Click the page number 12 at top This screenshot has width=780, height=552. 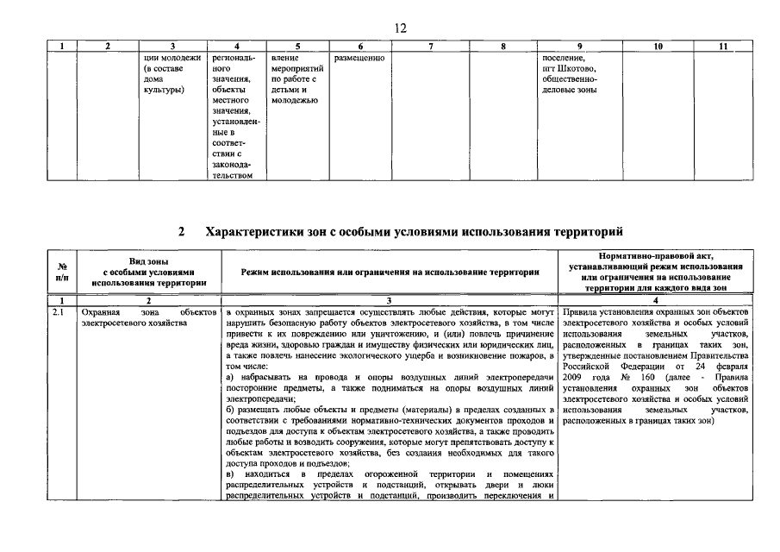tap(399, 28)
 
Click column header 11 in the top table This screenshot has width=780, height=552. tap(723, 46)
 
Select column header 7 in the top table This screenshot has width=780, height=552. tap(430, 46)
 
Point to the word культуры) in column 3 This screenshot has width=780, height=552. tap(165, 90)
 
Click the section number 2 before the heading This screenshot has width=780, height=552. tap(181, 232)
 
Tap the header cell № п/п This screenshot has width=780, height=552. tap(62, 271)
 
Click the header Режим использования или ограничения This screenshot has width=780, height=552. tap(390, 271)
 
